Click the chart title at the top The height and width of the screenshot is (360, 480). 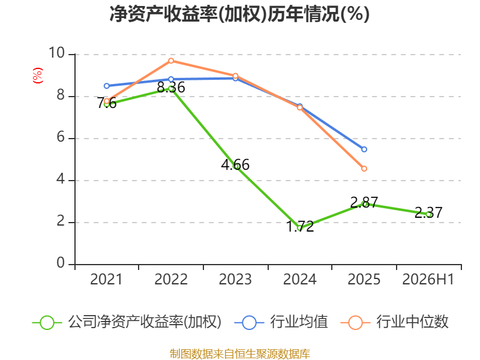pyautogui.click(x=239, y=14)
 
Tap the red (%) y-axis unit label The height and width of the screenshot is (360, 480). pyautogui.click(x=38, y=76)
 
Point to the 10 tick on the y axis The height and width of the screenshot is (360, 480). pyautogui.click(x=56, y=53)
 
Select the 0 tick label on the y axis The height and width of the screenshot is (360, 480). pyautogui.click(x=61, y=263)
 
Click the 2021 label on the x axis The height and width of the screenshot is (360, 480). pyautogui.click(x=106, y=279)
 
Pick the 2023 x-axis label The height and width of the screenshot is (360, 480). pyautogui.click(x=235, y=279)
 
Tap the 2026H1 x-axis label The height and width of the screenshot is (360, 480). pyautogui.click(x=428, y=279)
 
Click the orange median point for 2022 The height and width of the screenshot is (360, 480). pyautogui.click(x=171, y=61)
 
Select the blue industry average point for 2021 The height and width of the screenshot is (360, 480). pyautogui.click(x=107, y=86)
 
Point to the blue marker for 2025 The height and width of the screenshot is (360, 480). pyautogui.click(x=364, y=149)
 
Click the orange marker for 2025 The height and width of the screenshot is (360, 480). pyautogui.click(x=364, y=169)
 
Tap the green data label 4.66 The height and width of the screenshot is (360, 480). pyautogui.click(x=235, y=164)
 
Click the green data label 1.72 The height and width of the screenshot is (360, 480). pyautogui.click(x=300, y=227)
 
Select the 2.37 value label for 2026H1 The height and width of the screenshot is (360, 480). pyautogui.click(x=428, y=212)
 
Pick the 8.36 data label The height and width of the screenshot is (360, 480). pyautogui.click(x=171, y=87)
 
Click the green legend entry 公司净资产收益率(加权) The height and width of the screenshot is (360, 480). pyautogui.click(x=127, y=322)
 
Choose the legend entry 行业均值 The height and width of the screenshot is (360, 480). pyautogui.click(x=281, y=322)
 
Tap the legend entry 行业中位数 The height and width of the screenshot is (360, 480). pyautogui.click(x=395, y=322)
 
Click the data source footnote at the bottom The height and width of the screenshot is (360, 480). pyautogui.click(x=239, y=354)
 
